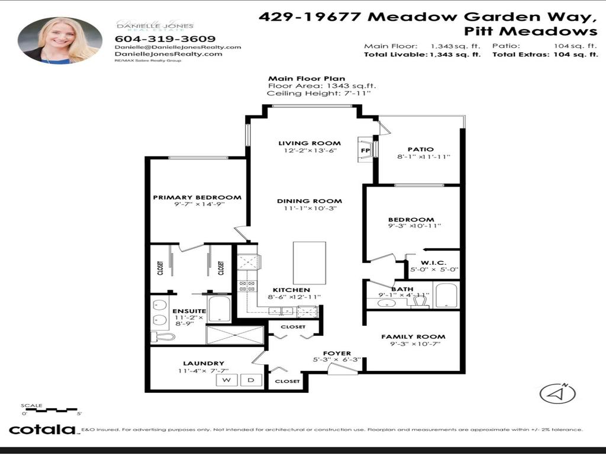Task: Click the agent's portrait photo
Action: pyautogui.click(x=60, y=40)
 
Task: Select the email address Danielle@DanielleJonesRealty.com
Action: pyautogui.click(x=178, y=47)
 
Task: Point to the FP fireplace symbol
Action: pyautogui.click(x=365, y=150)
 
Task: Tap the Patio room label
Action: pyautogui.click(x=420, y=149)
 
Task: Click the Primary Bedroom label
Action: pyautogui.click(x=197, y=198)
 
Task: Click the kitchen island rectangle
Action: pyautogui.click(x=310, y=262)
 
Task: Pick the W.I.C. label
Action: pyautogui.click(x=433, y=262)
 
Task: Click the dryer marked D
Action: pyautogui.click(x=251, y=380)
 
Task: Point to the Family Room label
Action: pyautogui.click(x=413, y=337)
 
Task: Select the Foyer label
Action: pyautogui.click(x=337, y=353)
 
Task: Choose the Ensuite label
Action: pyautogui.click(x=189, y=311)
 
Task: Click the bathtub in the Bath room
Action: pyautogui.click(x=446, y=295)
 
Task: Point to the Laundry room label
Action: pyautogui.click(x=203, y=363)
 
